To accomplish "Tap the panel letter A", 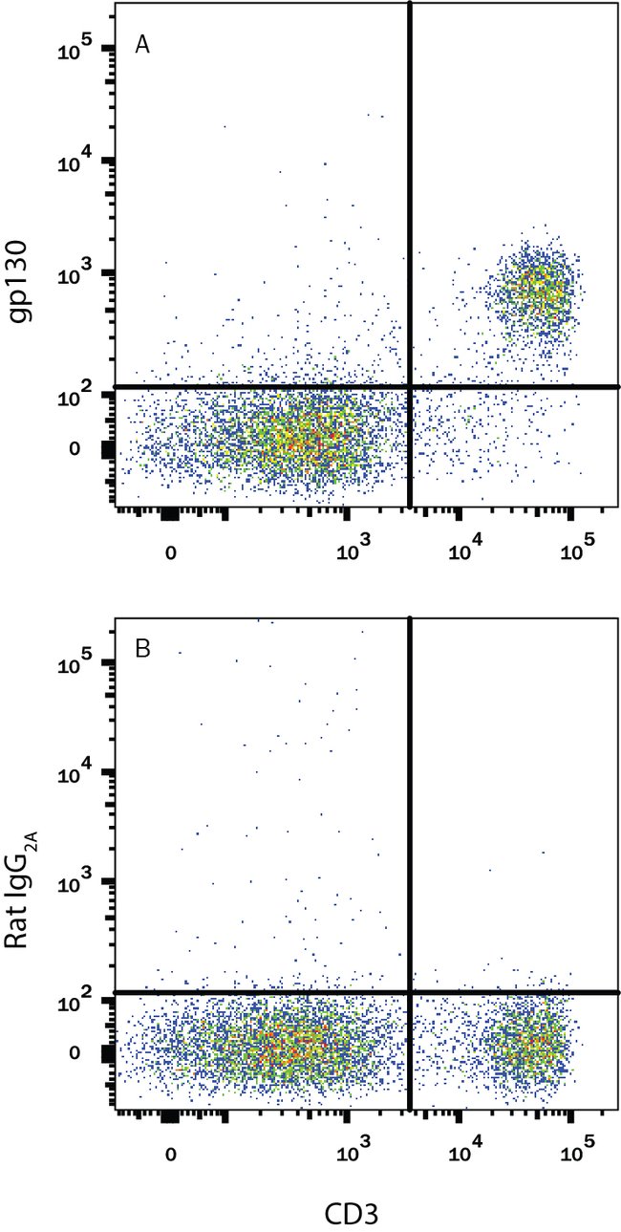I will click(141, 45).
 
